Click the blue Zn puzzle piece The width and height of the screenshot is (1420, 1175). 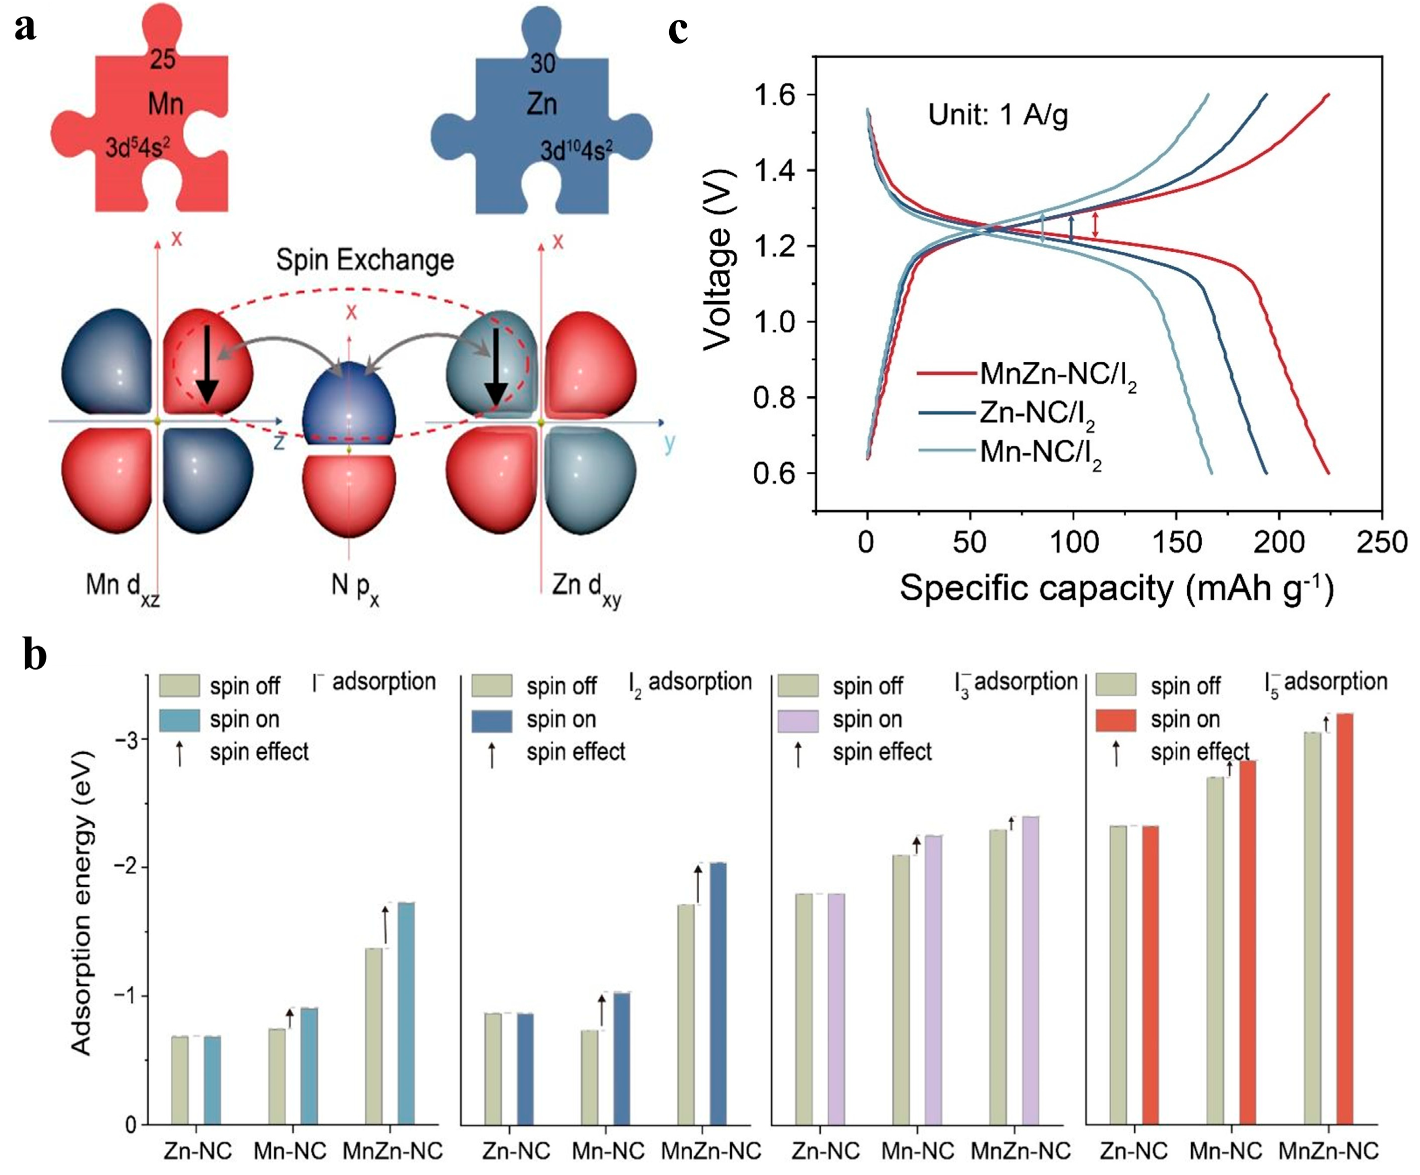541,135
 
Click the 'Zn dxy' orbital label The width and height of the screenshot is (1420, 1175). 586,587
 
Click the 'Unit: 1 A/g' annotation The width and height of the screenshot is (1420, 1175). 998,115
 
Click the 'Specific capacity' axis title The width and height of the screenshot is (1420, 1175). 1116,588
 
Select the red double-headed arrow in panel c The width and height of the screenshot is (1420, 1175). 1096,225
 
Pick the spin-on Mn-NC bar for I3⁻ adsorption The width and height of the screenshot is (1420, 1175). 933,981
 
